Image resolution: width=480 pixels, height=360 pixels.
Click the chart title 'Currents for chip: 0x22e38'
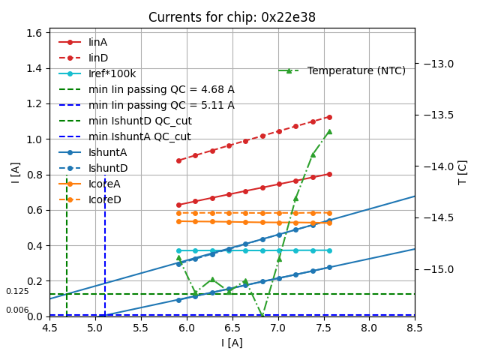[x=232, y=17]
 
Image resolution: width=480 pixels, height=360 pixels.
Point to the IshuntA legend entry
[x=108, y=152]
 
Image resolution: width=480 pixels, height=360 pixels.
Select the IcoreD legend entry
[x=104, y=199]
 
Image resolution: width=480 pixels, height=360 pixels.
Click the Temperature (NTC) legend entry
[x=356, y=70]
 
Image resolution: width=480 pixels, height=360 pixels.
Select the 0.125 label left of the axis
[x=17, y=292]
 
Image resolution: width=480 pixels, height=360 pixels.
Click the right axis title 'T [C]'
[x=463, y=172]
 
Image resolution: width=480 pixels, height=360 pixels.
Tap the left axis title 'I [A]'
[x=15, y=172]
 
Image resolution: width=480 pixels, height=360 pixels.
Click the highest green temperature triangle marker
[x=329, y=131]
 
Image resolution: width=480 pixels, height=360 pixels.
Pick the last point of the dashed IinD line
[x=329, y=117]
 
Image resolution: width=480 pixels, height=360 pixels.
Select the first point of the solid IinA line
[x=178, y=205]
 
